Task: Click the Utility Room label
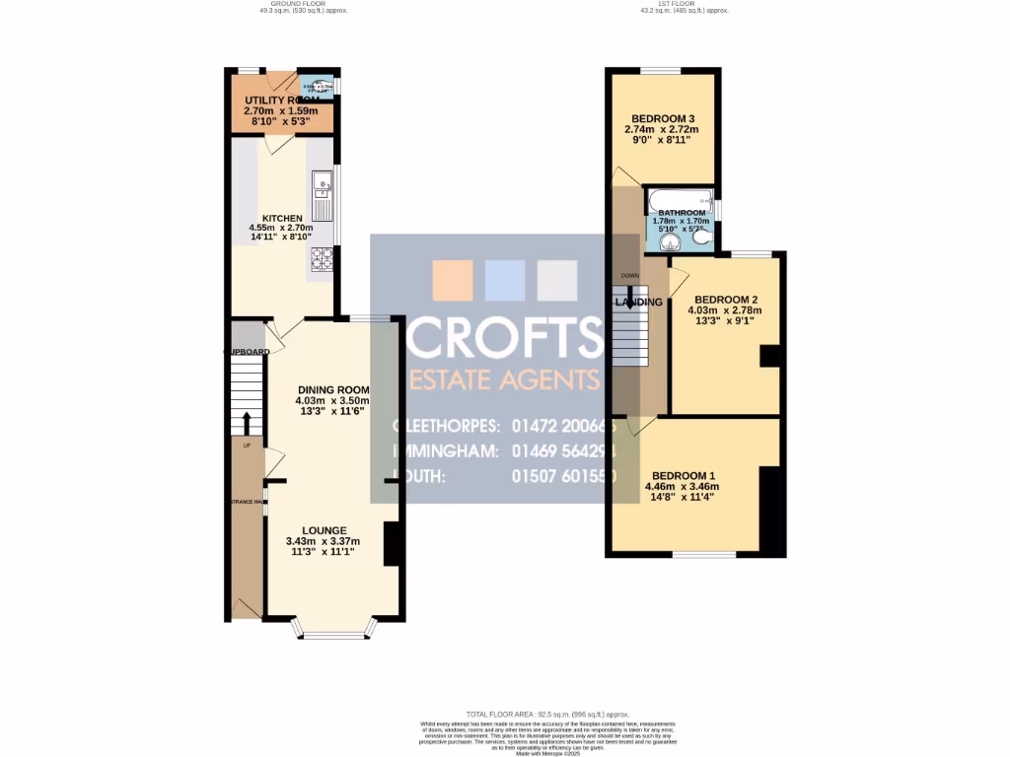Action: (281, 101)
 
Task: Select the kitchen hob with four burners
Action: (323, 258)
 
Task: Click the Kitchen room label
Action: (281, 218)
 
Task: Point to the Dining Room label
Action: (331, 388)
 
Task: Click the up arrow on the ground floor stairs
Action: (246, 422)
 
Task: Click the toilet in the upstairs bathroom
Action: (702, 238)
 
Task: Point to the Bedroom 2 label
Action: (725, 299)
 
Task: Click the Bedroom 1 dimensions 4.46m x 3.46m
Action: (682, 486)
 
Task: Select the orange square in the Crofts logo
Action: (453, 280)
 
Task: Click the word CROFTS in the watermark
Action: (505, 338)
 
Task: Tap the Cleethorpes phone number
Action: (562, 427)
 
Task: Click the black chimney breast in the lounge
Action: (391, 543)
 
